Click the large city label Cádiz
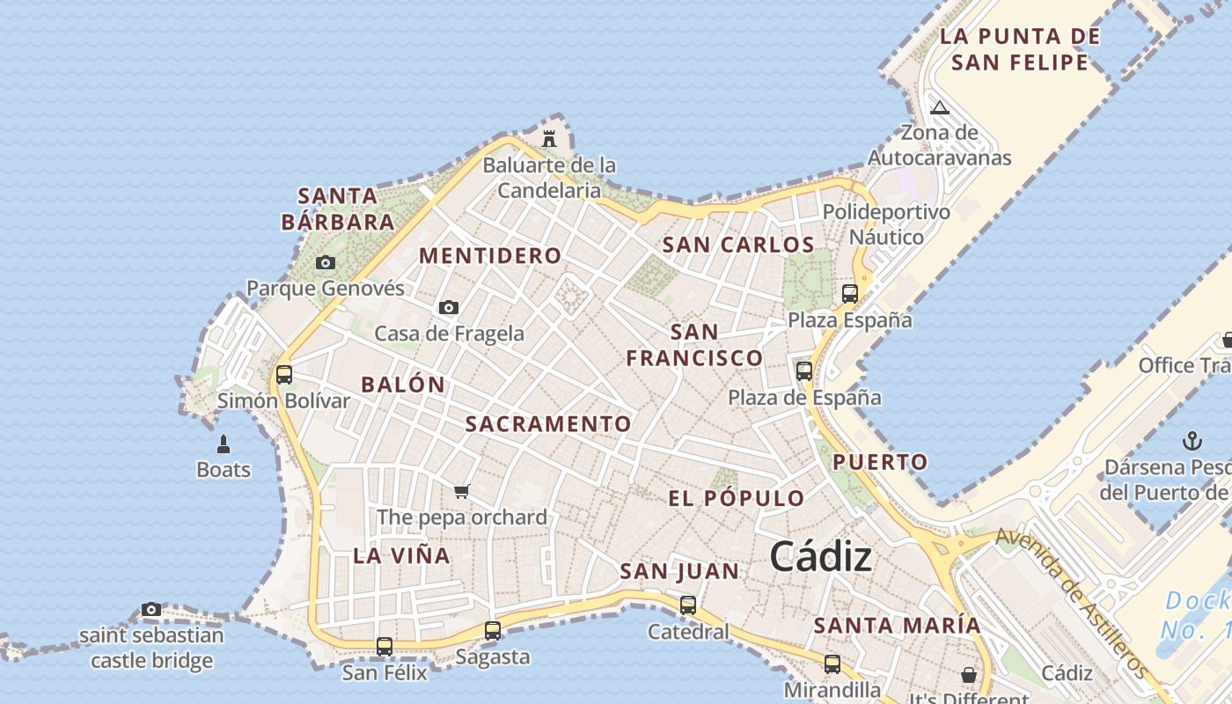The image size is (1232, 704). coord(821,557)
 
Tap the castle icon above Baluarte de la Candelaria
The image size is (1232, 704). coord(550,138)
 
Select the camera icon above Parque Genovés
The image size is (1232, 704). coord(326,262)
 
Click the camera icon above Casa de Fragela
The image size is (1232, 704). coord(449,307)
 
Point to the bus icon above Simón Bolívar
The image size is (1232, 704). coord(284,374)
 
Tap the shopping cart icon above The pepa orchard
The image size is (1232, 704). coord(462,491)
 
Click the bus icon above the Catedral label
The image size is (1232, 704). coord(688,605)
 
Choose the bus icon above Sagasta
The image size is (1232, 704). coord(493,630)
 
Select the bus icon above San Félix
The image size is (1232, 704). coord(385,646)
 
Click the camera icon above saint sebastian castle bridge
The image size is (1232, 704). coord(151,609)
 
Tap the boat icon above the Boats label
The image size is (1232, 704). coord(224,443)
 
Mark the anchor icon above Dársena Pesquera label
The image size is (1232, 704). coord(1192,440)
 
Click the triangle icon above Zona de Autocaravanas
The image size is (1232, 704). coord(940,108)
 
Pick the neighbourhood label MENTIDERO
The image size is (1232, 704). coord(490,256)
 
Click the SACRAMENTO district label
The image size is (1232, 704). coord(548,424)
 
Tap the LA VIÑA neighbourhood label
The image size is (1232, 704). coord(402,555)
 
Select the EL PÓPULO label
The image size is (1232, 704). coord(737,498)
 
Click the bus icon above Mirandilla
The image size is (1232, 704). coord(832,664)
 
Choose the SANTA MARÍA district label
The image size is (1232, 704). coord(897,626)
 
